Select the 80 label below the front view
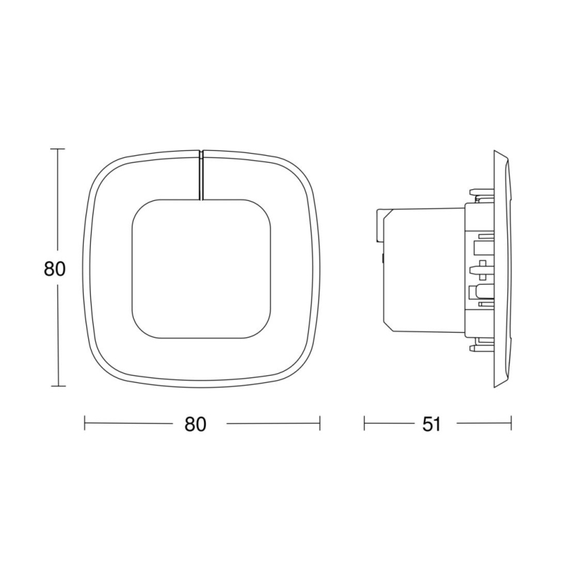(196, 424)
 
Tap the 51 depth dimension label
(430, 424)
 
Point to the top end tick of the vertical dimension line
(59, 150)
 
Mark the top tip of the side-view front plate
(496, 152)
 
